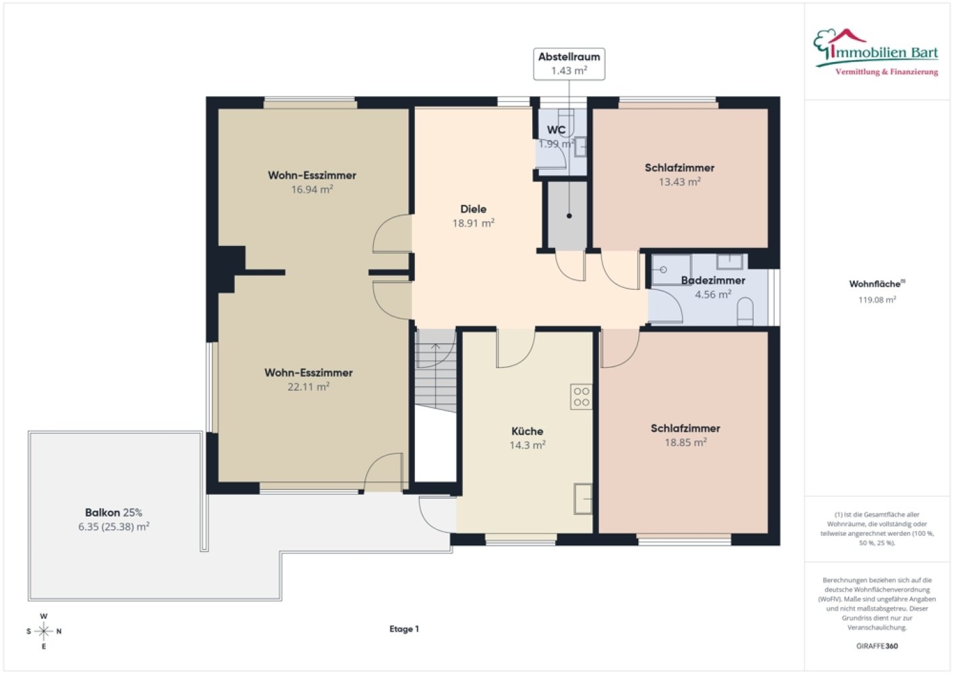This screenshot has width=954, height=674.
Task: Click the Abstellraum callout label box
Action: pos(569,64)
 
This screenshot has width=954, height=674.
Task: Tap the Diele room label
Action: pos(473,209)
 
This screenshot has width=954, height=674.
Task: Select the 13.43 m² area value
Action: pos(679,182)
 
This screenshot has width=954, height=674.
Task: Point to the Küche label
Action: pos(527,431)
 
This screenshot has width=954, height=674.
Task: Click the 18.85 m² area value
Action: pos(685,443)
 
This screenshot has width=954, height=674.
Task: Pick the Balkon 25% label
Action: pos(114,512)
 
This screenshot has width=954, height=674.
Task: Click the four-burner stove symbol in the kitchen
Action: pos(582,397)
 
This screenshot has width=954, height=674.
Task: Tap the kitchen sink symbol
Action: pos(583,499)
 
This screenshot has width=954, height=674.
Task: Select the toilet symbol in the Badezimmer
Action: pos(745,311)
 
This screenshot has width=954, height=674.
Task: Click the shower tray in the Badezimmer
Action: pos(671,270)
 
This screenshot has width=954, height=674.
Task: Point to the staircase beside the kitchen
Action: pos(436,370)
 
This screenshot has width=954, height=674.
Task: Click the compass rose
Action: pos(43,631)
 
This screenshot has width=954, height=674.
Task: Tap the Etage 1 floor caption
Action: pos(404,629)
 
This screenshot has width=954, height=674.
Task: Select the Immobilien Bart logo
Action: pos(876,53)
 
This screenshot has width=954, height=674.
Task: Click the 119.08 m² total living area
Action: pos(877,300)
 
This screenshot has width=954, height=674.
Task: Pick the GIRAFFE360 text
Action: pos(877,646)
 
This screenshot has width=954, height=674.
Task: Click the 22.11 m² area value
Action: pos(308,387)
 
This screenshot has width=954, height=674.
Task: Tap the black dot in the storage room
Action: pos(569,216)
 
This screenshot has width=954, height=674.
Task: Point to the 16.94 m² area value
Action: pos(312,189)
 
